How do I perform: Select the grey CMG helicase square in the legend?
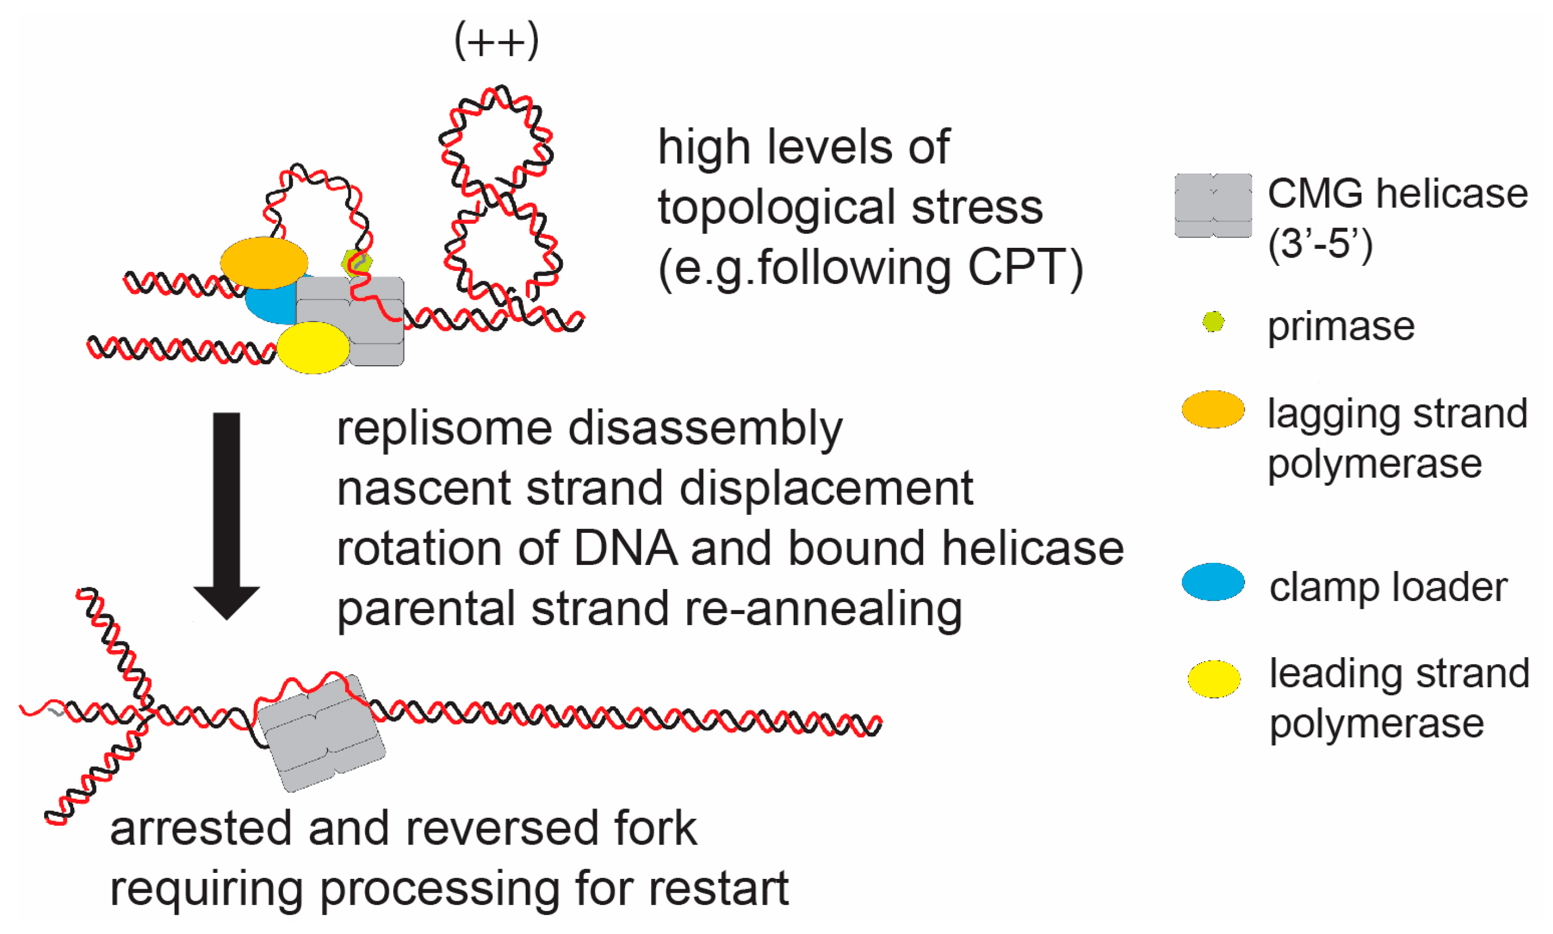[1212, 205]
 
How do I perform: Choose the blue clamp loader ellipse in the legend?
[1212, 581]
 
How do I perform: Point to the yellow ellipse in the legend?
[1214, 679]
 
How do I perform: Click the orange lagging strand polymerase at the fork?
[264, 263]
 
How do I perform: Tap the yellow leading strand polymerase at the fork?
[313, 347]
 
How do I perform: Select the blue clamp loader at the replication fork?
[267, 305]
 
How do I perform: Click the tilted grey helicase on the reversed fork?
[321, 733]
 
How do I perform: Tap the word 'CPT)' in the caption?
[1025, 267]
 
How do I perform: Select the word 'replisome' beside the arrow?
[444, 429]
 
